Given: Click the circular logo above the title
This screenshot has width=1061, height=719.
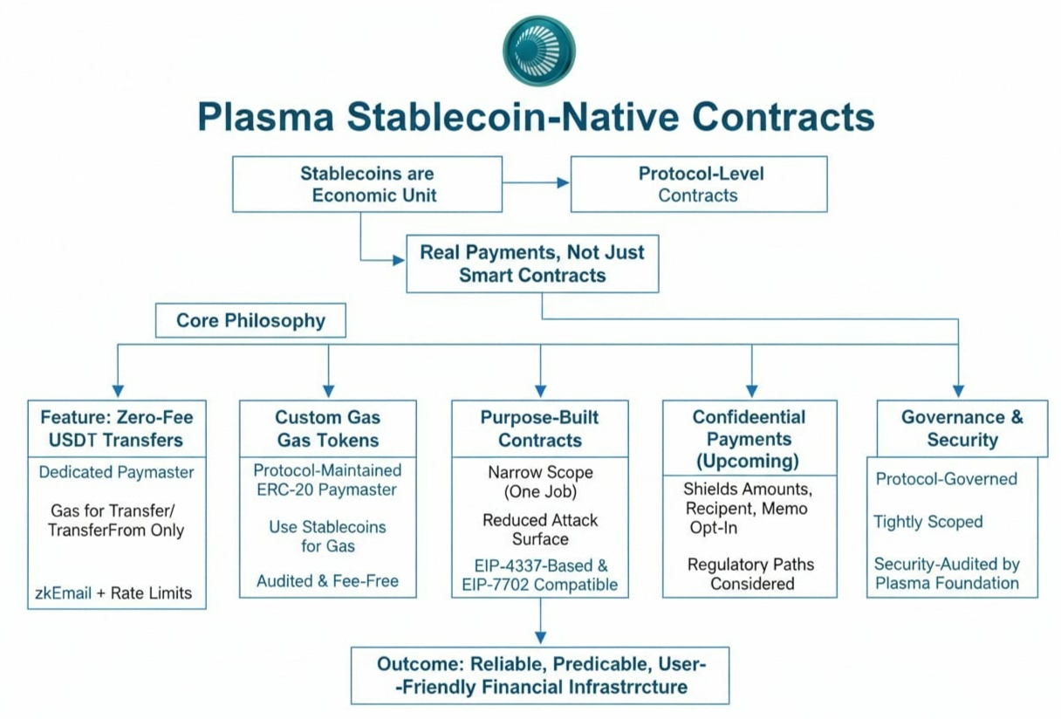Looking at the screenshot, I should click(x=539, y=50).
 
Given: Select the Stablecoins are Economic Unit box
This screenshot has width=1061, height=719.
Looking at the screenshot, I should click(x=366, y=184).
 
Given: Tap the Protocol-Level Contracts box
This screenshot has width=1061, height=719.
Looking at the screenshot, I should click(x=699, y=184).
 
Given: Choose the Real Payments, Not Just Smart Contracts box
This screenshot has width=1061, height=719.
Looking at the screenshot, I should click(x=532, y=264).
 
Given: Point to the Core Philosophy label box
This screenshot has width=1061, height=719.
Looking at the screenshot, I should click(x=250, y=320).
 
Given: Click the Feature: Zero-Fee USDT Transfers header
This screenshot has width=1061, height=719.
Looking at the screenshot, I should click(x=117, y=428).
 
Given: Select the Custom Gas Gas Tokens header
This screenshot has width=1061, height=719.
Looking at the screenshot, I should click(x=328, y=428).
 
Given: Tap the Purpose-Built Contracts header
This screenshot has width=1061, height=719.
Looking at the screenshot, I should click(x=539, y=428).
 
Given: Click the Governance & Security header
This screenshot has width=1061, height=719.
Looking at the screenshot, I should click(x=962, y=428).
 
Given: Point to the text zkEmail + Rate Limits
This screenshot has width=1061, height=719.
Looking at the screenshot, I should click(x=113, y=593).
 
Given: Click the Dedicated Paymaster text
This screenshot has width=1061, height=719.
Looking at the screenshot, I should click(x=117, y=472).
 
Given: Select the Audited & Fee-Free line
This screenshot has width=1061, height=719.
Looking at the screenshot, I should click(x=327, y=581).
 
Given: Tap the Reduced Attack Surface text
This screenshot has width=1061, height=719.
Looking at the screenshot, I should click(x=540, y=529).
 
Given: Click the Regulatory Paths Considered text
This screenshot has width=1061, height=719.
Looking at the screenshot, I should click(x=751, y=574).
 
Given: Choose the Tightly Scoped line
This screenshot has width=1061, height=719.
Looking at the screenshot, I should click(x=928, y=522).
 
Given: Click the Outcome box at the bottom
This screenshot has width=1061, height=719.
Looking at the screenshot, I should click(x=540, y=674).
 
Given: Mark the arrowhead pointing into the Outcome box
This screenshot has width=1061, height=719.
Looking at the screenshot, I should click(x=540, y=639).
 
